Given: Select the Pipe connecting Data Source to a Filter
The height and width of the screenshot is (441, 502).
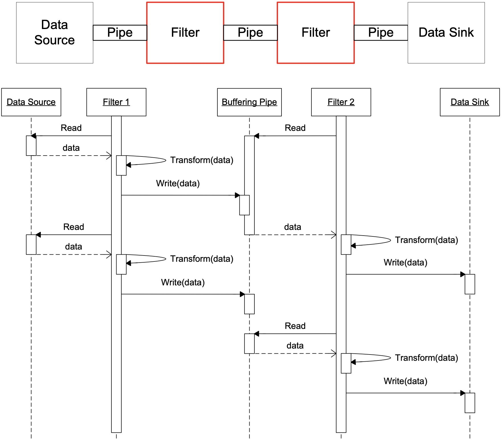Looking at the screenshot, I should pos(120,33).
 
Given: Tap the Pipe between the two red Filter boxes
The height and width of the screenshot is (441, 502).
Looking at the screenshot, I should pos(250,33).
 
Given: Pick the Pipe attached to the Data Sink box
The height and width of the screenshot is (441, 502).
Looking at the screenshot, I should pos(381,33).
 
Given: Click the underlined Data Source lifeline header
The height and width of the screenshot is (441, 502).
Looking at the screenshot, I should pos(31,102).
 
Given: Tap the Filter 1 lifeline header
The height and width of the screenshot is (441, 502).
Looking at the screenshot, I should pos(116,102).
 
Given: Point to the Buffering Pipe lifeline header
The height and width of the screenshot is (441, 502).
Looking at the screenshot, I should pos(249,102).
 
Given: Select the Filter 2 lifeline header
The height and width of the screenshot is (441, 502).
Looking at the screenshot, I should pos(341,102).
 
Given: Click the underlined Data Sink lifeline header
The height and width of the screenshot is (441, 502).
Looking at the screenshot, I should pos(470,102).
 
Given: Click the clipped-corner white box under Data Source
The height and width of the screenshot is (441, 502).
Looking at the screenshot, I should pos(31,146).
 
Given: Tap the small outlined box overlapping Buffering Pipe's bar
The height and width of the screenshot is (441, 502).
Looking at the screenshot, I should pos(244,205).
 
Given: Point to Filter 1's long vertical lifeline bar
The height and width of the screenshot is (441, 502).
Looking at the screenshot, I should pos(116,341).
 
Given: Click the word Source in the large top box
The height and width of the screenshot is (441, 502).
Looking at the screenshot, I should pos(54,40).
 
